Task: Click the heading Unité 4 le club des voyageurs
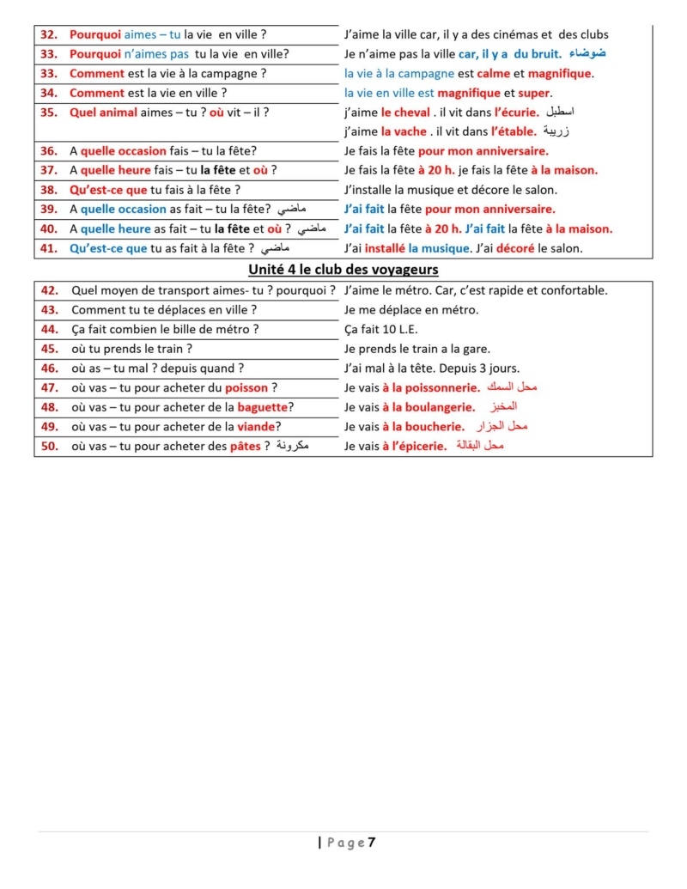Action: (x=343, y=270)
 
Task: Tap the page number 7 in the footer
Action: (x=372, y=843)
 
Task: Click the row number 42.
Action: (x=49, y=290)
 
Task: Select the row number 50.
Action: (x=49, y=447)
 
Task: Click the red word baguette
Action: (x=263, y=407)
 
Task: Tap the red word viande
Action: (x=256, y=427)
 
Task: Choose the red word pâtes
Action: (x=245, y=447)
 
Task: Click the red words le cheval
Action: (x=405, y=113)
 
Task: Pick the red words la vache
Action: (x=404, y=131)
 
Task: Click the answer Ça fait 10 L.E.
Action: (x=380, y=329)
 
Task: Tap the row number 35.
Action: (x=49, y=113)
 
